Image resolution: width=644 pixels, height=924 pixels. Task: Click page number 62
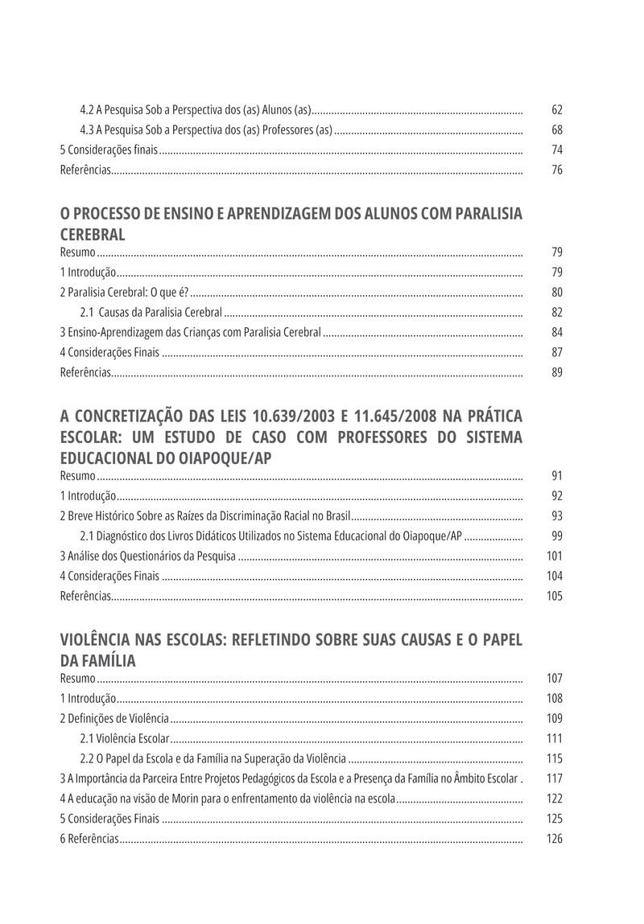[557, 109]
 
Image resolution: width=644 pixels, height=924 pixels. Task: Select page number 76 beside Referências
[557, 170]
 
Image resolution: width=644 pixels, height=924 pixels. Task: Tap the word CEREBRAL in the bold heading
[93, 235]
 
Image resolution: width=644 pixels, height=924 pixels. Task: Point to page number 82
[557, 312]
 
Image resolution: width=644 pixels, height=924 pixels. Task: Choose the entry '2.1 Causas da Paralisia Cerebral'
[151, 312]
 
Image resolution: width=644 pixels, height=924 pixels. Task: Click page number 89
[557, 372]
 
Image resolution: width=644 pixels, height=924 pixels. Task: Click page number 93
[557, 515]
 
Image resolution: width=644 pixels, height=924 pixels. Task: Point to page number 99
[557, 536]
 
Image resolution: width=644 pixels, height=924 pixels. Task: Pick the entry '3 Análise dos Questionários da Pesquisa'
[147, 556]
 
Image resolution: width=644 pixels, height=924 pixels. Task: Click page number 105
[555, 596]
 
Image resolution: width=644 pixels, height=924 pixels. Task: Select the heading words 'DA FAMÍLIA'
[97, 661]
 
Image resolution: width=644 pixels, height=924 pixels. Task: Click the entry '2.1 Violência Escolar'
[124, 738]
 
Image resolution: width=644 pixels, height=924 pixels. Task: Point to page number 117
[555, 778]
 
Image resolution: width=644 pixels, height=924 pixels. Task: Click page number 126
[555, 839]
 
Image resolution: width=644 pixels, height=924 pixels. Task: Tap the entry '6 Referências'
[89, 839]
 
